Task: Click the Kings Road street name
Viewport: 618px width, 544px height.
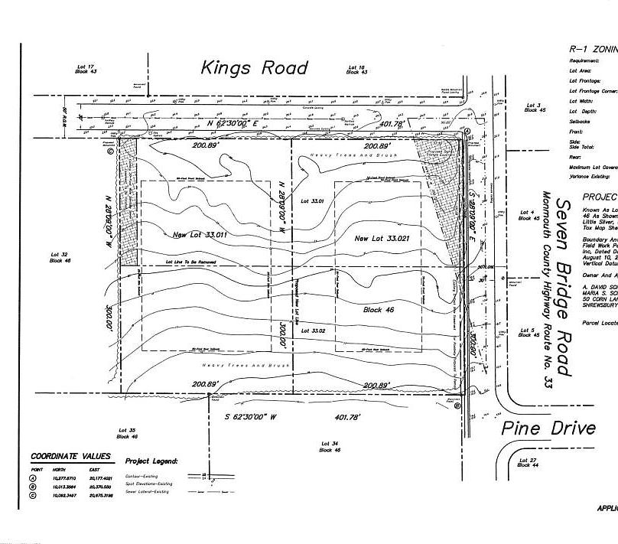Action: click(x=255, y=68)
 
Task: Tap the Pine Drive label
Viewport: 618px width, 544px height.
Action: click(x=548, y=428)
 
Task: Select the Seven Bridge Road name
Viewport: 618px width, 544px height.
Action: click(x=563, y=287)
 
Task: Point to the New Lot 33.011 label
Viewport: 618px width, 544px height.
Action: click(x=194, y=235)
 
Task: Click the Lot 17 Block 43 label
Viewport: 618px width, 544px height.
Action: click(x=84, y=69)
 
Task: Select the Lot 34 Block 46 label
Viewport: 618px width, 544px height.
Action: click(x=330, y=447)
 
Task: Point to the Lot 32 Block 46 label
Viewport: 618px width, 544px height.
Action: click(x=60, y=257)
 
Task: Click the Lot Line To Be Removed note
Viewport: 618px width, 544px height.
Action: click(x=187, y=262)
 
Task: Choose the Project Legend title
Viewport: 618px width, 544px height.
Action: click(x=151, y=462)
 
